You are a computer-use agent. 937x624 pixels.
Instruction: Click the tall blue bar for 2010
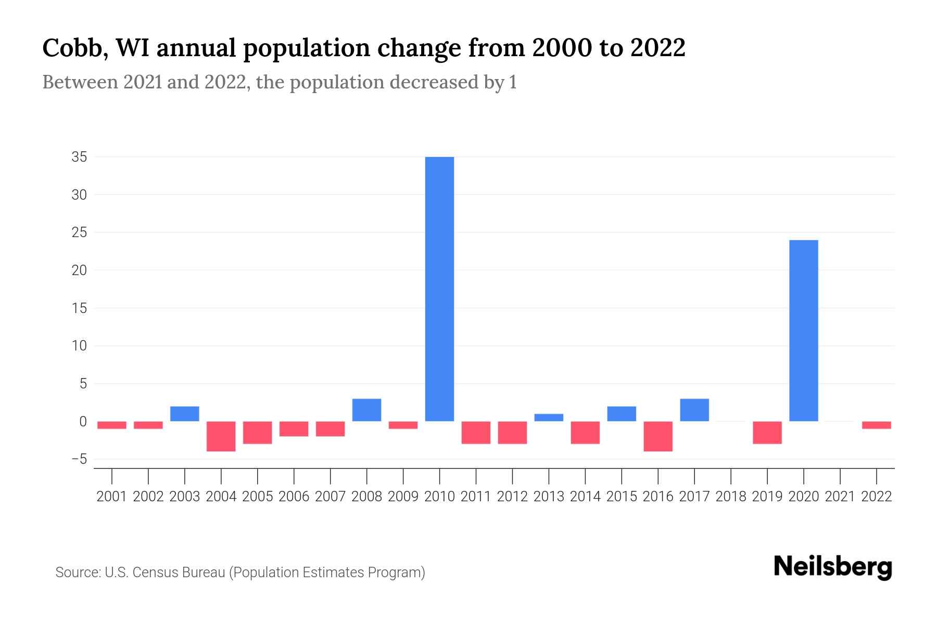pos(439,289)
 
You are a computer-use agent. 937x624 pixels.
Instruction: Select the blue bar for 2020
pos(803,330)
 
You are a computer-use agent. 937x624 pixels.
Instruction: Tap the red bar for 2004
pos(221,436)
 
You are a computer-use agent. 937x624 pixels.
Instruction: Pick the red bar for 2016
pos(658,436)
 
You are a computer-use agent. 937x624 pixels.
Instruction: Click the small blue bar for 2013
pos(549,418)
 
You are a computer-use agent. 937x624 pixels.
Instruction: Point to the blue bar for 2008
pos(366,410)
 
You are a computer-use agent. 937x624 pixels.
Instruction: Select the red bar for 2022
pos(876,425)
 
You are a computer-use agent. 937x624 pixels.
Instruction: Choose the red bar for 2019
pos(767,433)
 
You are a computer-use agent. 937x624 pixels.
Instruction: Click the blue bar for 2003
pos(185,414)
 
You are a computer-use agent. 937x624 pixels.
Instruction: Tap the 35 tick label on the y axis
pos(79,157)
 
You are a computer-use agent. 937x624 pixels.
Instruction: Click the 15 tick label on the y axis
pos(79,308)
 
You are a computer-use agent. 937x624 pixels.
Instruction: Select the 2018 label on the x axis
pos(731,497)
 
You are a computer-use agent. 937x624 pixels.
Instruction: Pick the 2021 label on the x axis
pos(840,497)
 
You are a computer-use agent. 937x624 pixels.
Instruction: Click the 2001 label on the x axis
pos(112,497)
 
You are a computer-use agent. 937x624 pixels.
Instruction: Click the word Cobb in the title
pos(72,48)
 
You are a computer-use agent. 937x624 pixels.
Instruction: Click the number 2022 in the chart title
pos(657,48)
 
